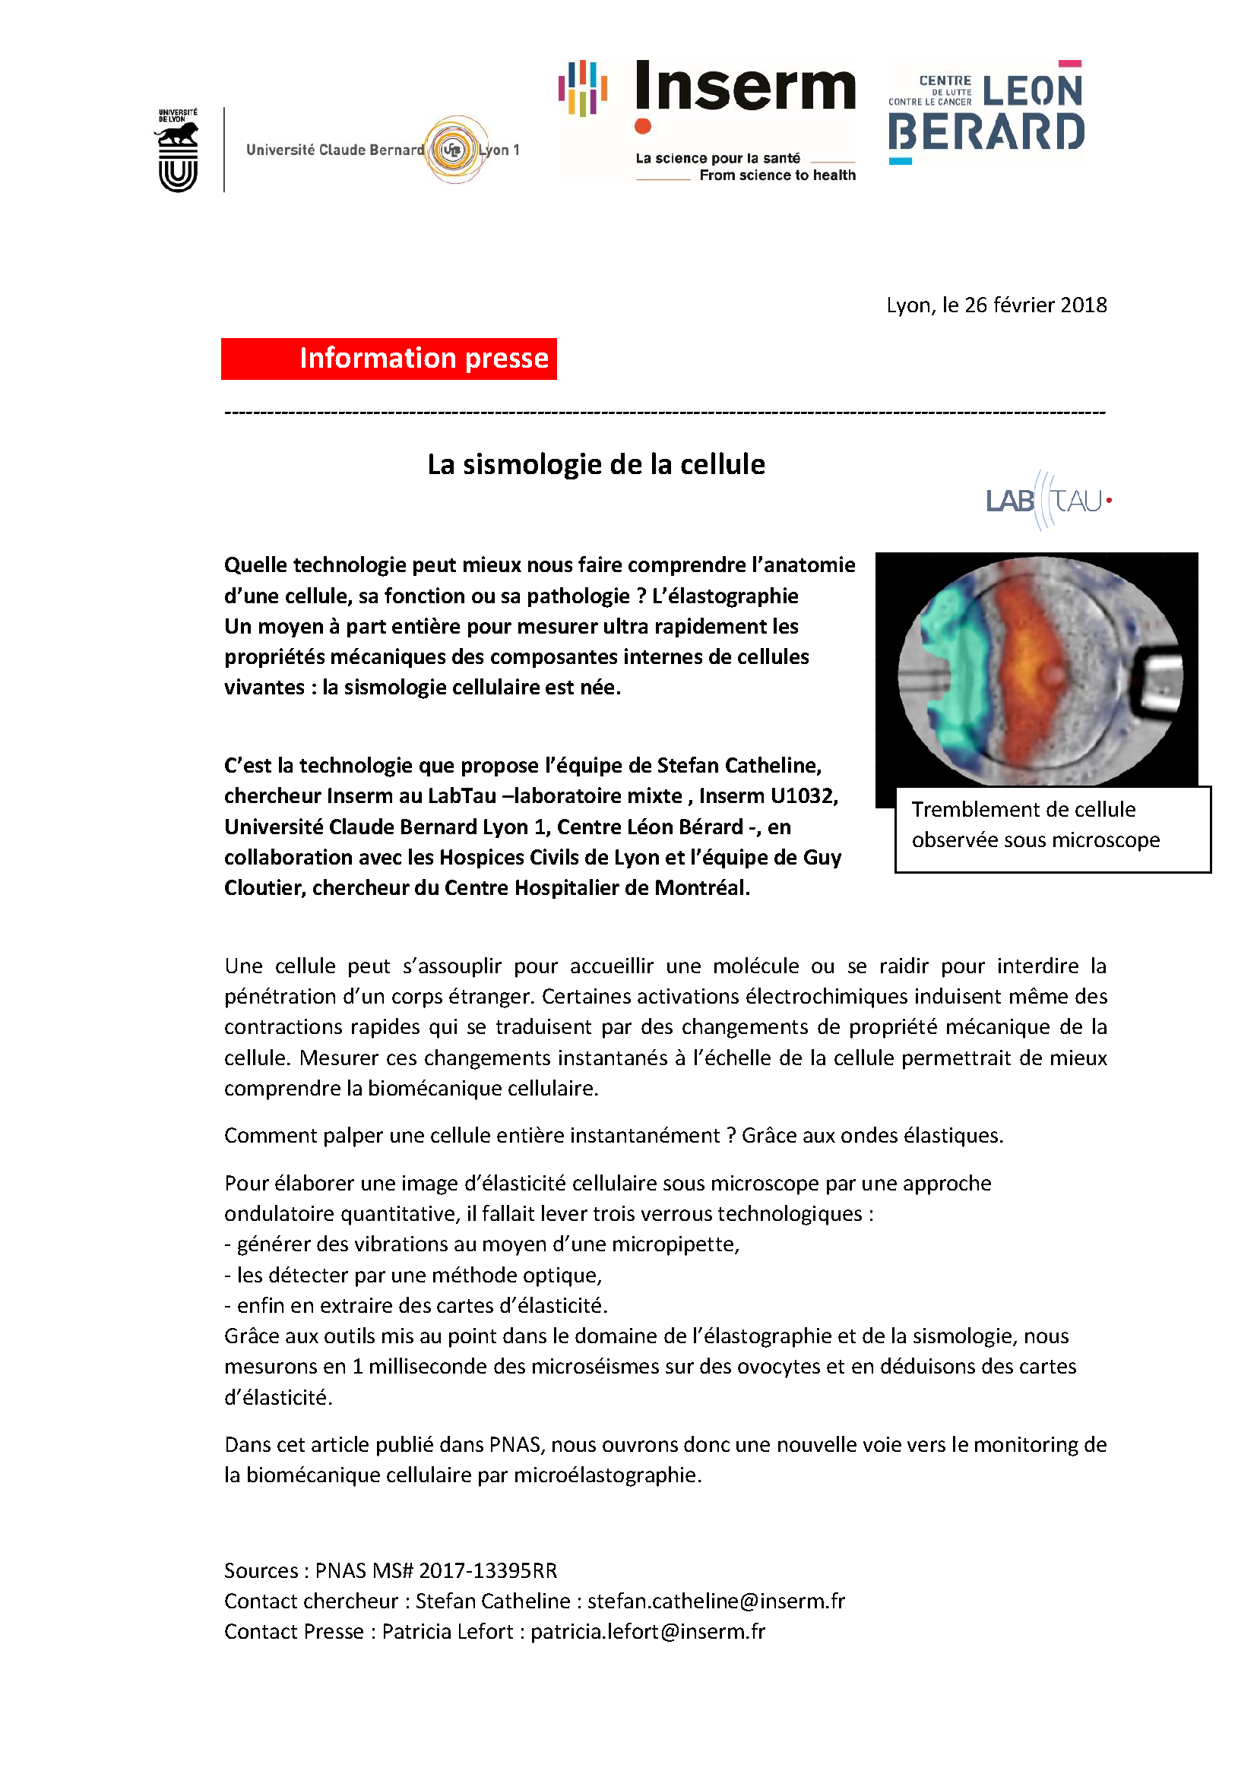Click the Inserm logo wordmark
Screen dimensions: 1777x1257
(745, 87)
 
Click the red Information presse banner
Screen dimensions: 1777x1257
(388, 359)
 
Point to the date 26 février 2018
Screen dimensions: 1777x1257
(1035, 305)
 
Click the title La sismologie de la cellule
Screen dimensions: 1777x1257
(596, 464)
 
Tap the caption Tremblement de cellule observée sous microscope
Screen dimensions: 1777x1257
(1035, 824)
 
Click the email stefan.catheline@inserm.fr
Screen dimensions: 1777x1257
(716, 1601)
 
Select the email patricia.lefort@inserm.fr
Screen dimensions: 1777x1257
(647, 1631)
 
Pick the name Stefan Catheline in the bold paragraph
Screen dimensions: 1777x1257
(739, 766)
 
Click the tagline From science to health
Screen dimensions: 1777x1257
(777, 175)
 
